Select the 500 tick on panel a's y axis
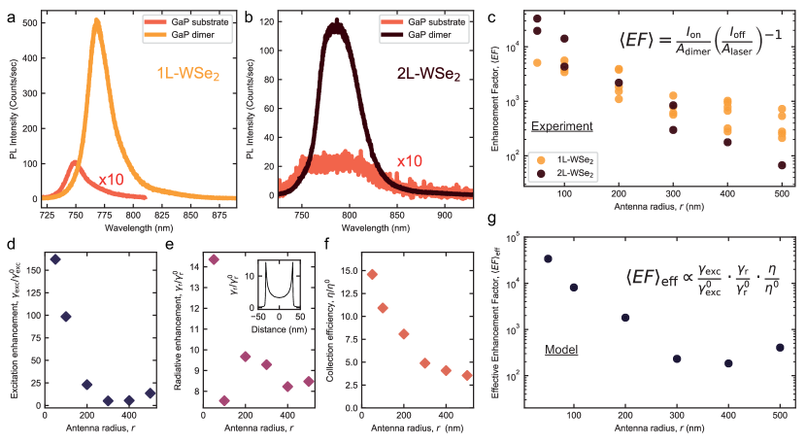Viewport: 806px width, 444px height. [30, 21]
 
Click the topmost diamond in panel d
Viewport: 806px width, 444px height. [55, 259]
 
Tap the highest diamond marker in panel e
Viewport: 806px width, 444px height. [215, 259]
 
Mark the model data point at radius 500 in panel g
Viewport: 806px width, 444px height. [779, 348]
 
